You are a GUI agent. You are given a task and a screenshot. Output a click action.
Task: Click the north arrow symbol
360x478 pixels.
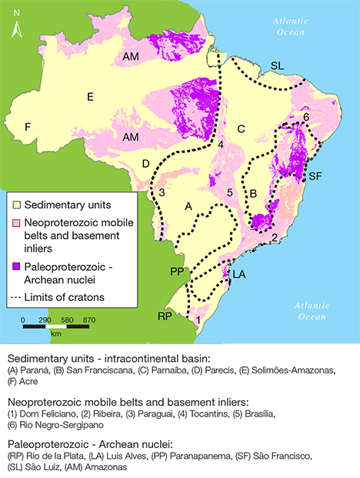(x=16, y=23)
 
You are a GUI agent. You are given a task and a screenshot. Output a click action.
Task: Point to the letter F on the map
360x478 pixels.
(x=28, y=126)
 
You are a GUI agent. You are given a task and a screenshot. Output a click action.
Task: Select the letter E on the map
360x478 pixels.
(x=90, y=96)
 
